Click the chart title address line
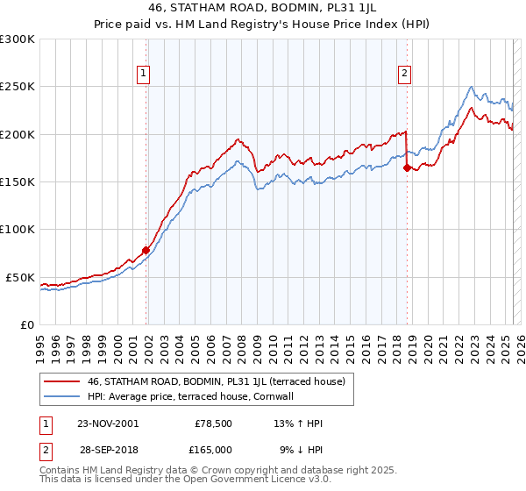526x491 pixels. pos(263,11)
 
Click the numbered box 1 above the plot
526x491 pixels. pos(143,75)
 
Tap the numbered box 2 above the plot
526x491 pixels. pos(404,75)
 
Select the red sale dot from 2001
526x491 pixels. pos(146,250)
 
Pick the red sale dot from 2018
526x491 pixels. pos(407,167)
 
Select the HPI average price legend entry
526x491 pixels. pos(189,396)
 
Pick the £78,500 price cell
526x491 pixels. pos(210,423)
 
